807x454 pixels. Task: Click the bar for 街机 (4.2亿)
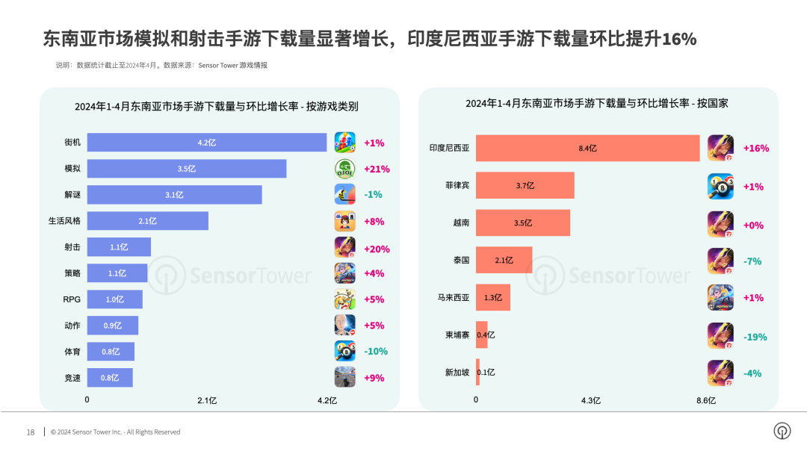[207, 143]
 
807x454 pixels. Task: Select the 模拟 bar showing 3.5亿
[187, 169]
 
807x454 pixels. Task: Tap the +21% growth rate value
[377, 169]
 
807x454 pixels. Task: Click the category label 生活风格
[65, 221]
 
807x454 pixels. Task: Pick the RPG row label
[72, 299]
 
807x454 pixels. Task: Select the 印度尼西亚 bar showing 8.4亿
[587, 149]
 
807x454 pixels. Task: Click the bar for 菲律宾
[525, 186]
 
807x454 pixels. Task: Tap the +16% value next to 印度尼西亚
[755, 149]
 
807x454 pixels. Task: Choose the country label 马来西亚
[453, 297]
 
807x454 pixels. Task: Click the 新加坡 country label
[457, 372]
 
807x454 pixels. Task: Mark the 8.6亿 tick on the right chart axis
[706, 400]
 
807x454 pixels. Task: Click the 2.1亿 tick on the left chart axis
[207, 400]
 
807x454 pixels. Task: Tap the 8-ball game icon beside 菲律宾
[720, 187]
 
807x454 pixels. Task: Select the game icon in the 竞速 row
[344, 377]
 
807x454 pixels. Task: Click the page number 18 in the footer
[31, 432]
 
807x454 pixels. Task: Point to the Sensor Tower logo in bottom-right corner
[782, 432]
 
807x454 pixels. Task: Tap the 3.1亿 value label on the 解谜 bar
[174, 195]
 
